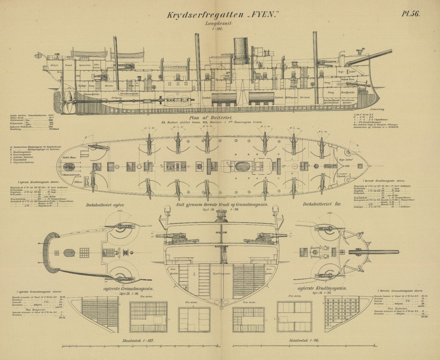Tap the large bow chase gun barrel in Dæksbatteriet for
click(x=381, y=251)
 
